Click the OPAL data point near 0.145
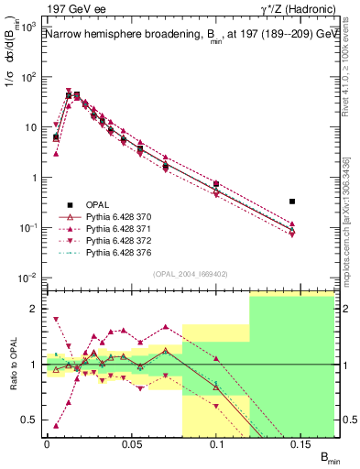point(292,202)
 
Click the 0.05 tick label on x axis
point(132,442)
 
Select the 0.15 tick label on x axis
point(301,442)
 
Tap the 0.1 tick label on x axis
point(218,442)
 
